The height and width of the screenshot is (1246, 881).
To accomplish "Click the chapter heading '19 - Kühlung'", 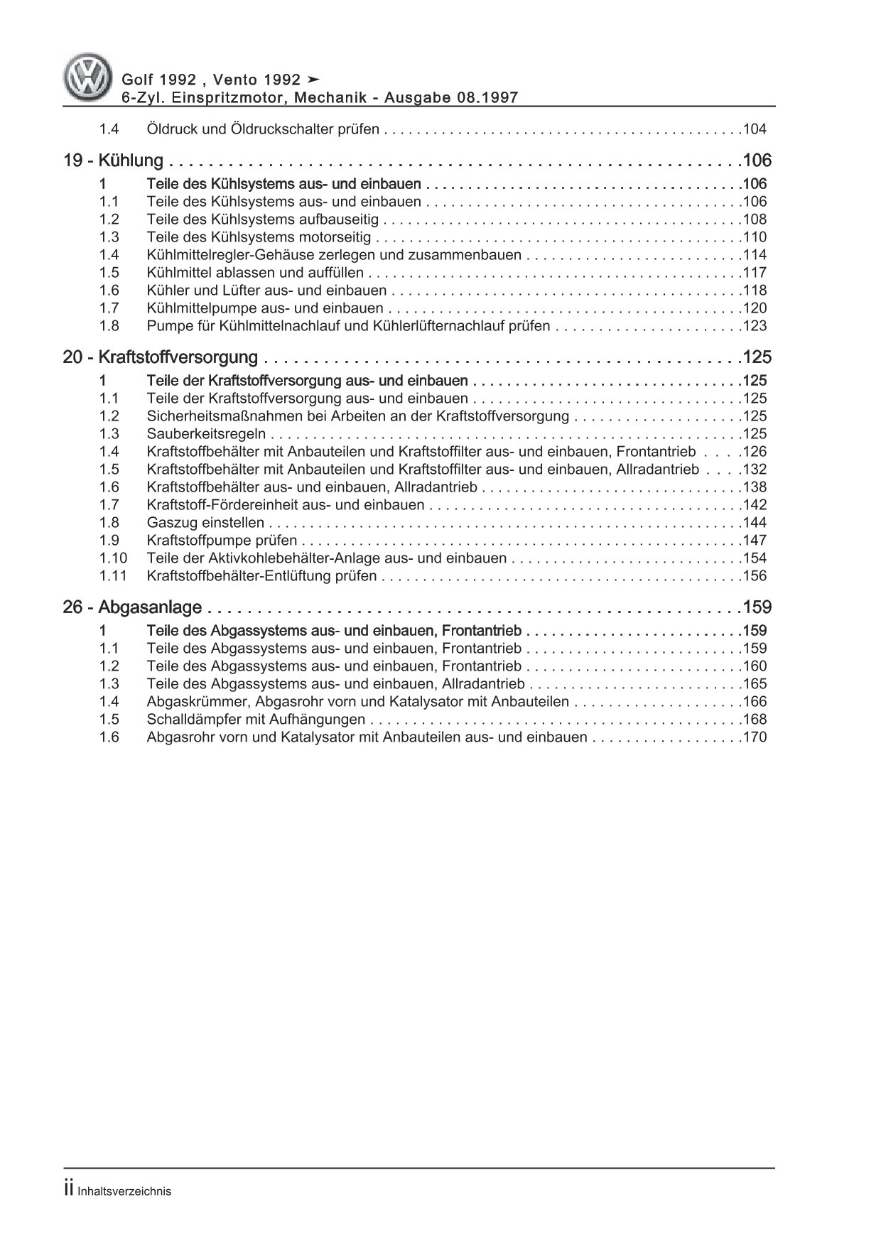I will click(x=114, y=161).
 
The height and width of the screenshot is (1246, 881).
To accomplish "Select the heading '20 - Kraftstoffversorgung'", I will click(x=160, y=357).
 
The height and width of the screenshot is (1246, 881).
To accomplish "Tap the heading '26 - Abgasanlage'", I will click(x=133, y=607).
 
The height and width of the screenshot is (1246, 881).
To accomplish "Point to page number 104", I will click(x=754, y=129).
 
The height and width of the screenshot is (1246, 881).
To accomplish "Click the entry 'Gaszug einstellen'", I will click(x=205, y=523).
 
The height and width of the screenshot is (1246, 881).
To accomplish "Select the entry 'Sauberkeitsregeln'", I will click(x=206, y=434).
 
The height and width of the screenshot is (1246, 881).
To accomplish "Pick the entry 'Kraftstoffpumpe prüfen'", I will click(x=222, y=541).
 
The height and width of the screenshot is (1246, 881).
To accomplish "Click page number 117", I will click(x=754, y=273).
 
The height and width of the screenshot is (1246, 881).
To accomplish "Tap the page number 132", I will click(x=754, y=470).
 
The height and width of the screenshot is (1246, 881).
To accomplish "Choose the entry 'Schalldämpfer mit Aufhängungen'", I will click(x=256, y=720).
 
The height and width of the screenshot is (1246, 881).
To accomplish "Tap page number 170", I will click(x=754, y=737).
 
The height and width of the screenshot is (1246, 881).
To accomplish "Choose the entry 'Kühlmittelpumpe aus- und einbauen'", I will click(x=265, y=308).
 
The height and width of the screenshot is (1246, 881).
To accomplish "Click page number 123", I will click(x=754, y=326).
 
